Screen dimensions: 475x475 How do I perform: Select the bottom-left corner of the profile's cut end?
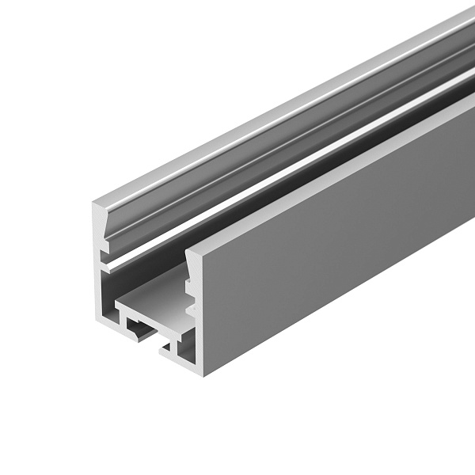101,323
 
